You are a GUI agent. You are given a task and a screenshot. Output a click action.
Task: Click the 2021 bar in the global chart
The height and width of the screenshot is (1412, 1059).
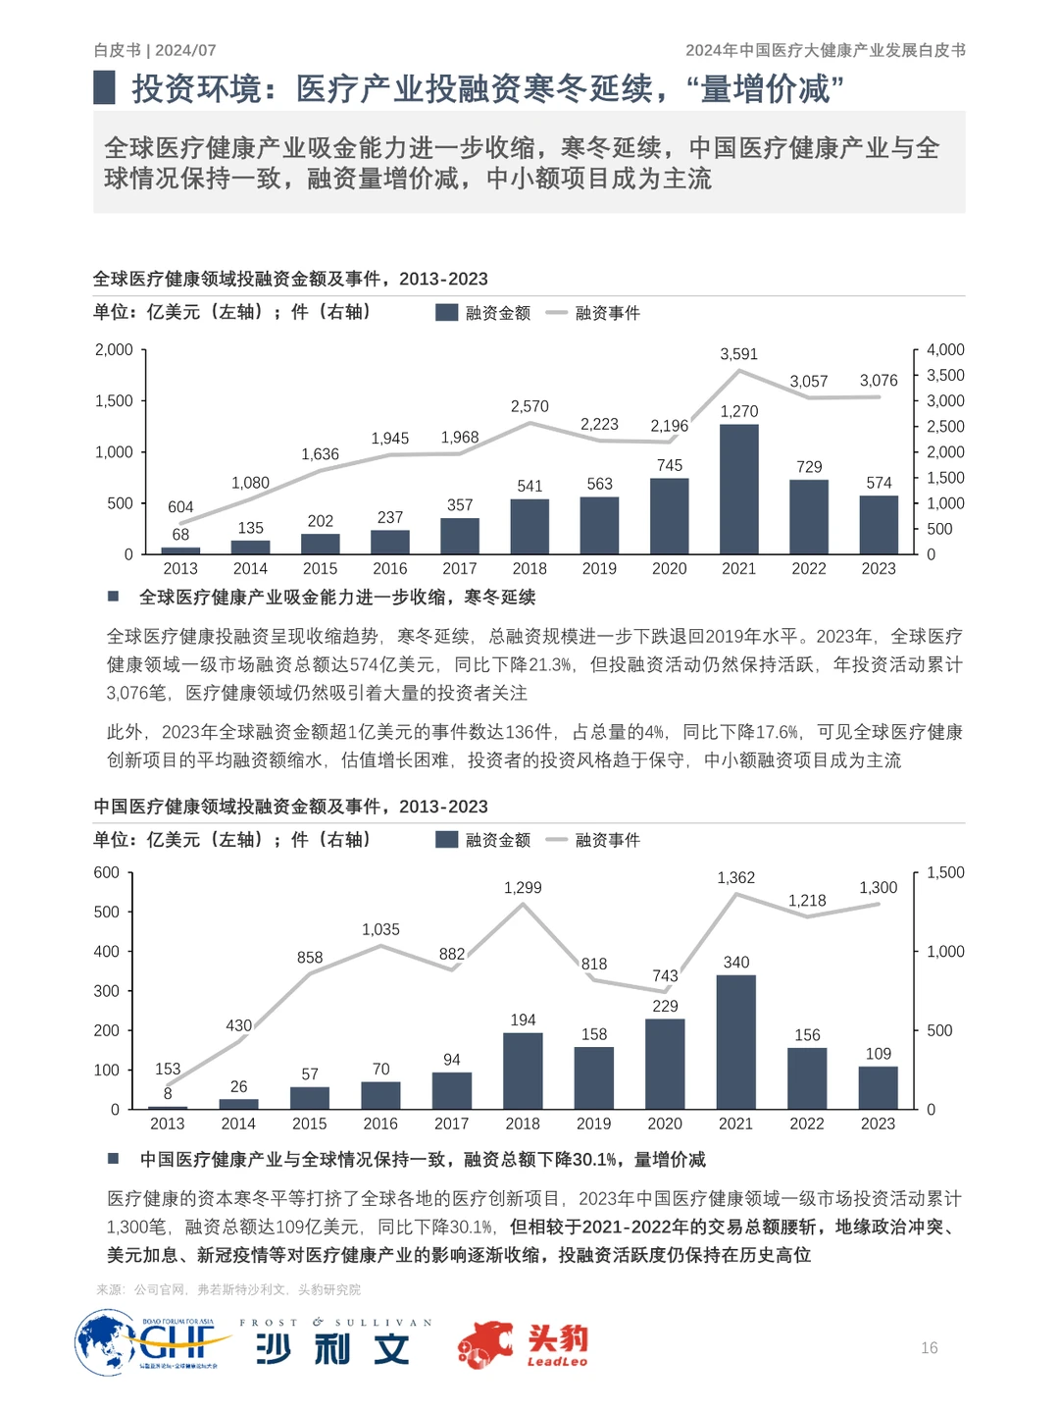click(x=738, y=489)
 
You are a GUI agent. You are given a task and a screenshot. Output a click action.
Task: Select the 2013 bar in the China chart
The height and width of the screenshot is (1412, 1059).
click(x=168, y=1107)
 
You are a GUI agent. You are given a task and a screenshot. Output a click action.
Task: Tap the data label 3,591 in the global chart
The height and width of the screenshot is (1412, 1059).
click(x=738, y=354)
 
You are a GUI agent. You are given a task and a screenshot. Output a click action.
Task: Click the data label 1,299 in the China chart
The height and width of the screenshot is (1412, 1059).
click(x=523, y=888)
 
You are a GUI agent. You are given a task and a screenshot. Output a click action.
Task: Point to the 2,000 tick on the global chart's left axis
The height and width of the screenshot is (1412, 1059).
click(x=114, y=350)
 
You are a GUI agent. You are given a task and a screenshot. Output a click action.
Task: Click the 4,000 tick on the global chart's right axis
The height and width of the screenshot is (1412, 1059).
click(x=945, y=350)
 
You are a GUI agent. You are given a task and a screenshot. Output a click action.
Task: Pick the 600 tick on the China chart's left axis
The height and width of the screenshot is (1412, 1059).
click(x=107, y=873)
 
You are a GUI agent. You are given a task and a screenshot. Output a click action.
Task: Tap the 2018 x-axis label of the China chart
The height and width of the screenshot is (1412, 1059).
click(x=523, y=1124)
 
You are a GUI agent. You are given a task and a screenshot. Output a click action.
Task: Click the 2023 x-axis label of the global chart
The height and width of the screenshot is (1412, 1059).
click(x=879, y=569)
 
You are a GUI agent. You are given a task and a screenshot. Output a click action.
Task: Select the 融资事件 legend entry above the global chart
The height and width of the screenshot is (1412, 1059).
click(x=594, y=313)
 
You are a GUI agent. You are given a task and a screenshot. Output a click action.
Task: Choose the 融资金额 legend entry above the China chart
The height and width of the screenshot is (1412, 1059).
click(x=484, y=840)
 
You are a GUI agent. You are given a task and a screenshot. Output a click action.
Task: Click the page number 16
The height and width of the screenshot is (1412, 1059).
click(x=929, y=1348)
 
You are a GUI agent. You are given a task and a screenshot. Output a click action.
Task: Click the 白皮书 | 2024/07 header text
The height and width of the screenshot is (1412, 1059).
click(x=155, y=50)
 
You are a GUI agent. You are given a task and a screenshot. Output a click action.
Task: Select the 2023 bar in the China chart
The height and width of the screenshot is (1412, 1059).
click(x=878, y=1087)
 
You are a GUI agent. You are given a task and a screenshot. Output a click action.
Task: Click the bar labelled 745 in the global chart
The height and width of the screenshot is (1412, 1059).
click(x=669, y=516)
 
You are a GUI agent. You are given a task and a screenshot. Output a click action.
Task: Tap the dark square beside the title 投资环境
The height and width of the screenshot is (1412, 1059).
click(x=105, y=87)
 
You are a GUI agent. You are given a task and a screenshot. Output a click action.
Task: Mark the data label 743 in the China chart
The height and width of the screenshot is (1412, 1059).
click(x=665, y=976)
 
